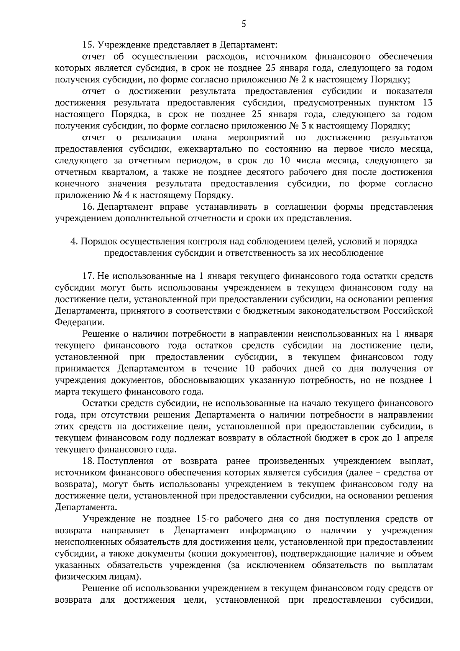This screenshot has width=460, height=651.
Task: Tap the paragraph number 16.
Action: click(89, 207)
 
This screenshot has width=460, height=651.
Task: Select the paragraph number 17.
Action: click(89, 276)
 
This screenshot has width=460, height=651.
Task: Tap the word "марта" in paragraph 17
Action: click(67, 392)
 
